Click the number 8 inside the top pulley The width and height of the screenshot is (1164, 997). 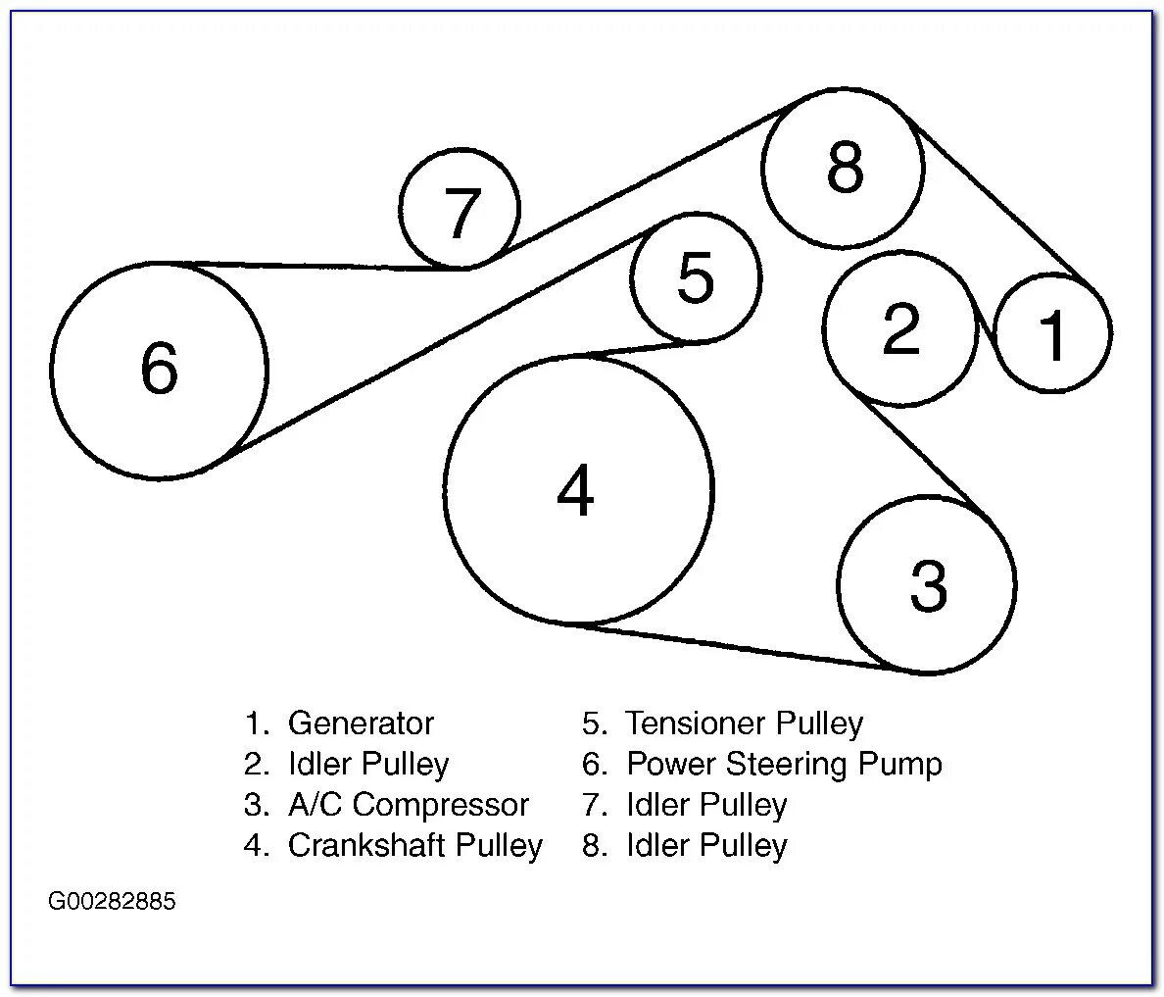tap(845, 167)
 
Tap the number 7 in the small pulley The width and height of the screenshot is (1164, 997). tap(461, 213)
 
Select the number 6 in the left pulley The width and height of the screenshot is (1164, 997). tap(160, 370)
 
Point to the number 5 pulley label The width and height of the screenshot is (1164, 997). tap(696, 277)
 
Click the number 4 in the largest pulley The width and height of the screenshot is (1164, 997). tap(575, 491)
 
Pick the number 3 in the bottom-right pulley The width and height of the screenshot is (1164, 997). tap(928, 585)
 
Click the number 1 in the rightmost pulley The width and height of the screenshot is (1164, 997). tap(1053, 335)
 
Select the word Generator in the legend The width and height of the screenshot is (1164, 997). tap(361, 723)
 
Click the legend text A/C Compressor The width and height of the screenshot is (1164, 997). tap(408, 805)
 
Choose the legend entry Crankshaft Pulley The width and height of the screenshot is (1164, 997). tap(414, 845)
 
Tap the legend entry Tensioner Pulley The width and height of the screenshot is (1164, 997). tap(745, 723)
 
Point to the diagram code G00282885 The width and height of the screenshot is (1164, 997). tap(112, 901)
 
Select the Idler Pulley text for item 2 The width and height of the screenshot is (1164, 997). tap(368, 764)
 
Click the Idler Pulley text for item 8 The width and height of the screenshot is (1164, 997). tap(706, 845)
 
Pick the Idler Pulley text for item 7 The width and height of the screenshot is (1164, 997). tap(706, 805)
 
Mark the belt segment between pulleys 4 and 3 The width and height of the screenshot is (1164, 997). tap(735, 646)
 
